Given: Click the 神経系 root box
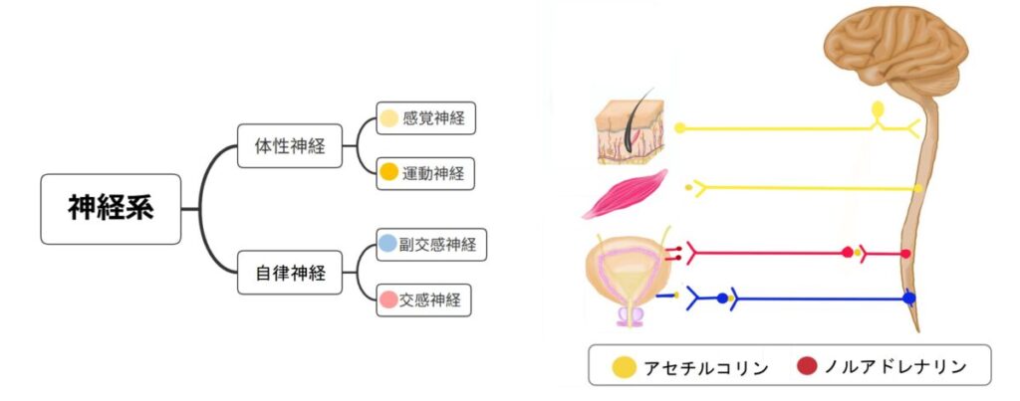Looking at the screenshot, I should click(111, 209).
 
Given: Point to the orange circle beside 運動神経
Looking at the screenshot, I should click(389, 172).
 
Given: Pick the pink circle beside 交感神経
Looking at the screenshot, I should click(388, 298).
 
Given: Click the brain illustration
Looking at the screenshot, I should click(895, 51).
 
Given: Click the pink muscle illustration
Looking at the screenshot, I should click(626, 193).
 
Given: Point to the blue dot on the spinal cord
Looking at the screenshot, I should click(908, 298).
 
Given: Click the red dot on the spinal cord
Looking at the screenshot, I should click(905, 254).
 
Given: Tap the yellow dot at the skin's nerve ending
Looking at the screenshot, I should click(680, 128).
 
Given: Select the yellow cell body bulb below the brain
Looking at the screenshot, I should click(878, 107).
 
